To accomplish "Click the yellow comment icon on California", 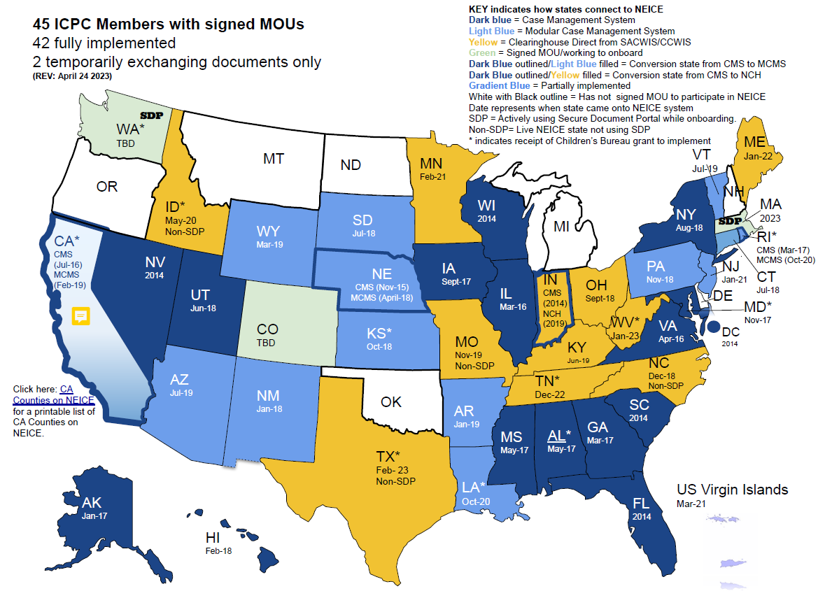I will pos(80,315).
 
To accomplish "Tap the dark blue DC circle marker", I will pos(713,325).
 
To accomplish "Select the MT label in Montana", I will pos(274,159).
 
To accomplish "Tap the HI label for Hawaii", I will pos(212,537).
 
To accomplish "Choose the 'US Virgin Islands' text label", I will pos(732,489).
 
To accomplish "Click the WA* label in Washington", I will pos(130,129).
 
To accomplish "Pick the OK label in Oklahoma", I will pos(391,402).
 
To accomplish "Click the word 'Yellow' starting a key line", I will pos(484,41).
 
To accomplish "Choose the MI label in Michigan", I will pos(561,227).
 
